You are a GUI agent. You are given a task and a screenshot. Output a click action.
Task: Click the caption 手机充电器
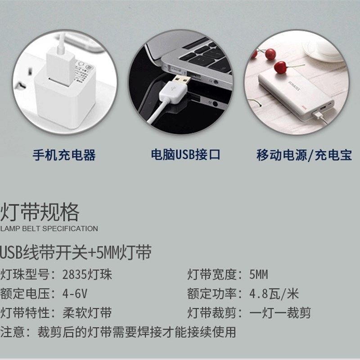coord(64,155)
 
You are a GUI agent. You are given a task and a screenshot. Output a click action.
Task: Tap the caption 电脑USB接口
coord(185,155)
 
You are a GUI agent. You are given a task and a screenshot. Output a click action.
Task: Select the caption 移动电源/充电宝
coord(304,155)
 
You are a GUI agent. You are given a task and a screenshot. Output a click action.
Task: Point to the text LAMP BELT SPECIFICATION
coord(49,229)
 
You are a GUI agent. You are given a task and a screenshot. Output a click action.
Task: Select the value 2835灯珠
coord(88,274)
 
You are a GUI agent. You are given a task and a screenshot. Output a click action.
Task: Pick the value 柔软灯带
coord(88,313)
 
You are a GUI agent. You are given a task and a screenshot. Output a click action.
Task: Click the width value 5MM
coord(258,274)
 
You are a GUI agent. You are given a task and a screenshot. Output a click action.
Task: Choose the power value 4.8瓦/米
coord(274,294)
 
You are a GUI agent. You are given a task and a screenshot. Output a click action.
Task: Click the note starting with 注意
coord(118,333)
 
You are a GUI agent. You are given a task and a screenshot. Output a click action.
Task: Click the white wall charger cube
coord(67,92)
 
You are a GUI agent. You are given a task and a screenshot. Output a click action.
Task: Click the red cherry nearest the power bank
coord(280,67)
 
